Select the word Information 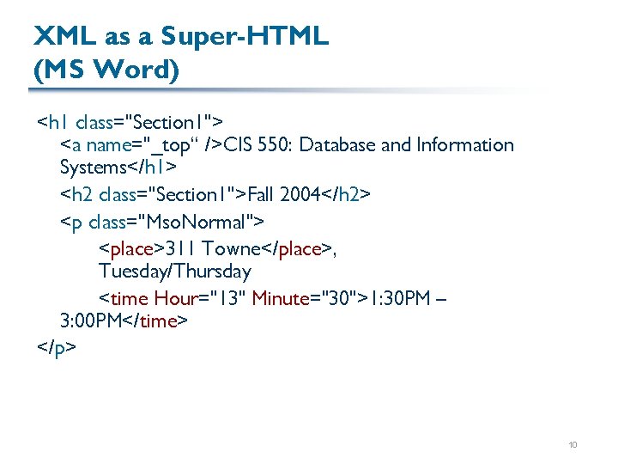pos(464,144)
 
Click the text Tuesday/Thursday pos(174,272)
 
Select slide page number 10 pos(573,444)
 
